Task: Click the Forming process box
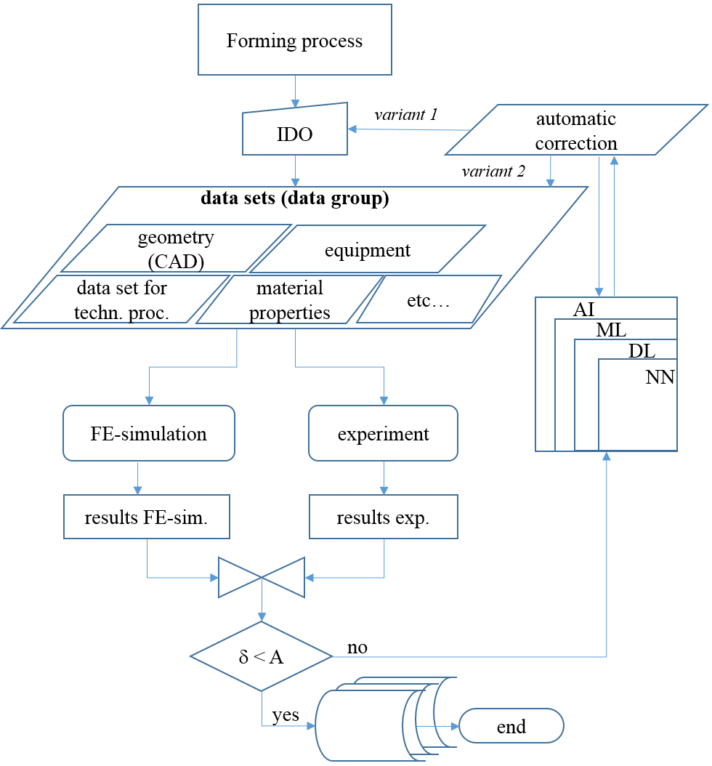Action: point(294,40)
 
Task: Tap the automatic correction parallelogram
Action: point(576,131)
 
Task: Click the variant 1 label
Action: point(406,115)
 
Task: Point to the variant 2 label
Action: point(493,172)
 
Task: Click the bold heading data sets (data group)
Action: point(294,199)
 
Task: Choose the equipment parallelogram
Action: point(367,250)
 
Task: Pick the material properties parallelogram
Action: point(289,300)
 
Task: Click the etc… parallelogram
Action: point(429,299)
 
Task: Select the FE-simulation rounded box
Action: point(149,434)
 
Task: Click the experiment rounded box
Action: point(384,434)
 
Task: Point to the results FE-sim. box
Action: point(147,517)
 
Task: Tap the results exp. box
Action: point(384,517)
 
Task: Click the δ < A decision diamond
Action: point(262,657)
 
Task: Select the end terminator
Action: point(511,726)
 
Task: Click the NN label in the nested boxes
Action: point(659,377)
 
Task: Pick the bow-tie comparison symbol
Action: point(262,578)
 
